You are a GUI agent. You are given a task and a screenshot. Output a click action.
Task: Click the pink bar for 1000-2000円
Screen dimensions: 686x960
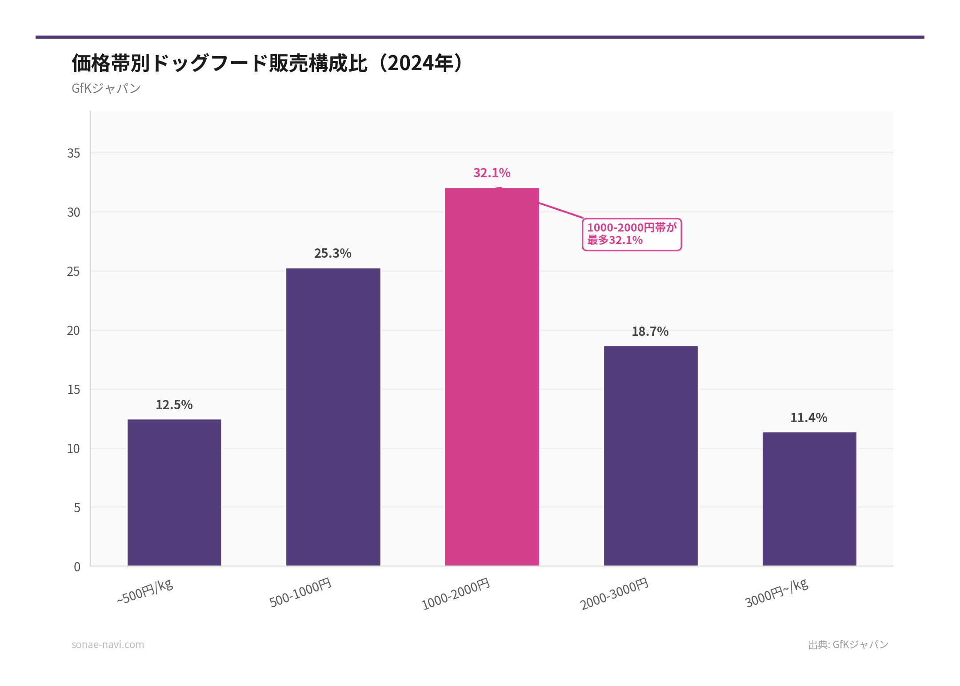point(492,378)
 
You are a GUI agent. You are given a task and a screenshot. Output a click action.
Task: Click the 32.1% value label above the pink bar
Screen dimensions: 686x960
point(492,173)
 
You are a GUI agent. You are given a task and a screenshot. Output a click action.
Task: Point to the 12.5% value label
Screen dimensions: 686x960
point(174,405)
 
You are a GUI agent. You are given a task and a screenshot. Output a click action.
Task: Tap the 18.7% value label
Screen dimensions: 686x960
point(650,331)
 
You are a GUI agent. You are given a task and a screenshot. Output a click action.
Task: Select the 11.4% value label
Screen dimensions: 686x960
point(808,418)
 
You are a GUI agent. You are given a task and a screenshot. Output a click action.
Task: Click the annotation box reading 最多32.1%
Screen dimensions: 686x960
point(632,234)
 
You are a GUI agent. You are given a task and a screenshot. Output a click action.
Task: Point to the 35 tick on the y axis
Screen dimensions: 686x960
point(74,153)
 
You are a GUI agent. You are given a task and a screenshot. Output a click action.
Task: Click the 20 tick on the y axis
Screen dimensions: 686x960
point(73,331)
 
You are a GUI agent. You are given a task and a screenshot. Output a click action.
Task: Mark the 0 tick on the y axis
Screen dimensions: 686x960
point(77,567)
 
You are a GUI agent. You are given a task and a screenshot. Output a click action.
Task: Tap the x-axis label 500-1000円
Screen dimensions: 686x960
point(301,592)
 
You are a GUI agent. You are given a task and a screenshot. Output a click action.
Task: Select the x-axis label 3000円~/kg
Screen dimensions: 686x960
point(776,593)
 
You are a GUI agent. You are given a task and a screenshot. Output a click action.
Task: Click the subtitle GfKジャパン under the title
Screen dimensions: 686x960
point(106,88)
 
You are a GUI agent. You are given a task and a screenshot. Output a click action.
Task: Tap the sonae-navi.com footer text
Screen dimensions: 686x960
point(108,645)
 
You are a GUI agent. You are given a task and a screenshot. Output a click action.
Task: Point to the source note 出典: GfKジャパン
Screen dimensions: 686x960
point(848,645)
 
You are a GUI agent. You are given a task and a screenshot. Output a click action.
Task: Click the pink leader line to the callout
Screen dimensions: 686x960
point(561,210)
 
